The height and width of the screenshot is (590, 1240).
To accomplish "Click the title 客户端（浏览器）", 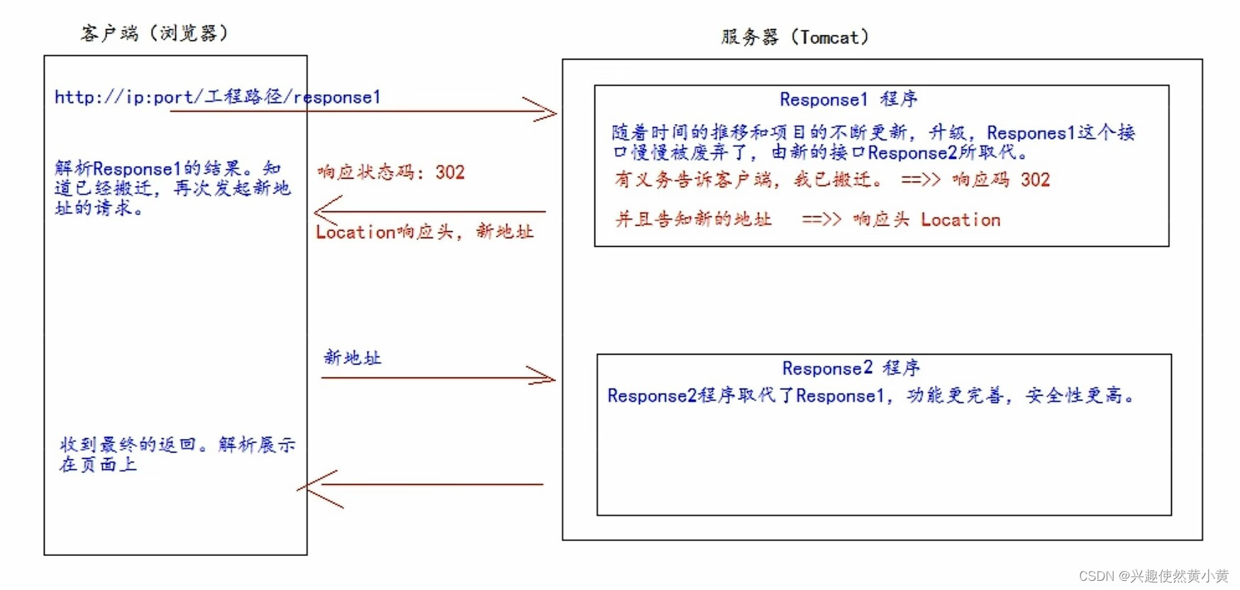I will (x=155, y=33).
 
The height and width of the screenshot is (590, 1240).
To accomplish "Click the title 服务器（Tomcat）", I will (x=795, y=37).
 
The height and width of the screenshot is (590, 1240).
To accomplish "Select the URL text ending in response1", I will (x=217, y=97).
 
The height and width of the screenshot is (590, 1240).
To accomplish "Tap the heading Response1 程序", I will (x=848, y=99).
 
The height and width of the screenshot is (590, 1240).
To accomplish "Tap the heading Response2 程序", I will (x=851, y=368).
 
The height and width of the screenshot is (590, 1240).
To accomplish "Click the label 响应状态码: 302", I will (x=391, y=172).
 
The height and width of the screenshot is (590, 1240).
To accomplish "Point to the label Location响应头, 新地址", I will (x=424, y=232).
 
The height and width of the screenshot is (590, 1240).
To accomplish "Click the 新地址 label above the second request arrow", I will (x=353, y=357).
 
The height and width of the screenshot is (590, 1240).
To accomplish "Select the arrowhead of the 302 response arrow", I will (x=322, y=211).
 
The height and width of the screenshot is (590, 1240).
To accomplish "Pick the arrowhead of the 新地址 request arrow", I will (x=546, y=377).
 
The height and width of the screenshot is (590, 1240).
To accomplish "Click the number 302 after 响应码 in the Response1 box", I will (x=1035, y=180).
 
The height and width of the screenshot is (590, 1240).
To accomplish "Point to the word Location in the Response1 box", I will (x=961, y=220).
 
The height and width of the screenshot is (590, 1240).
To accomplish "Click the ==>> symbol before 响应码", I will (x=920, y=180).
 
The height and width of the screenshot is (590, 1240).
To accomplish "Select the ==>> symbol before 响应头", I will (x=821, y=220).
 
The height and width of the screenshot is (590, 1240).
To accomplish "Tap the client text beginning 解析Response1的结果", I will (x=172, y=188).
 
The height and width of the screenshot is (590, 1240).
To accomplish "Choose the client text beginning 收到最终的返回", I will (x=177, y=454).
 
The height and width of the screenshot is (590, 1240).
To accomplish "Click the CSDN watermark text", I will (x=1153, y=576).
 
